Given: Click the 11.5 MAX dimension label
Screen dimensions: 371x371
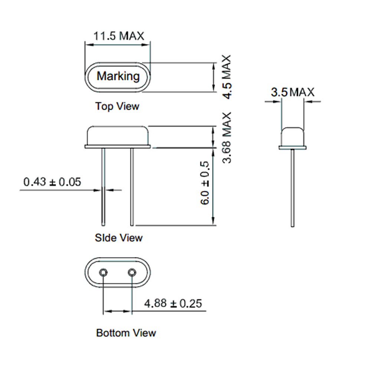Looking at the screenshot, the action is [119, 36].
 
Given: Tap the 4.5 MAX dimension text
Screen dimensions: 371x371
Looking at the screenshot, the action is [227, 77].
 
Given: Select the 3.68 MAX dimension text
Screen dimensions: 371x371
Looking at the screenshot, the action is [227, 138].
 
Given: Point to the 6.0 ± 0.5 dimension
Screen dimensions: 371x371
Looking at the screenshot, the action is [205, 183].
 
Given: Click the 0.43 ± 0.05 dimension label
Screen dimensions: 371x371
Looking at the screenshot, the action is [52, 182].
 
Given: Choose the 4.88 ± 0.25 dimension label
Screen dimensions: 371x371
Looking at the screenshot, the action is [173, 303].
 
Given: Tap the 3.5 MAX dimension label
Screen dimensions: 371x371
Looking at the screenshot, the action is [293, 92].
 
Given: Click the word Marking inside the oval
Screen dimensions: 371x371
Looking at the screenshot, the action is [118, 76].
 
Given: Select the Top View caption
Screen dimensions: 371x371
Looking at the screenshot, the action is [117, 106].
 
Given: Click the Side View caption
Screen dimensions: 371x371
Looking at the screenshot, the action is [119, 237].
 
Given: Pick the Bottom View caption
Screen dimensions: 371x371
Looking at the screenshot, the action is [126, 333].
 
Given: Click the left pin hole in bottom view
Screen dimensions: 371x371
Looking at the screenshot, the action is [103, 273].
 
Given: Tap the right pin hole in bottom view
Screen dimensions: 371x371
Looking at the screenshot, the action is [132, 273].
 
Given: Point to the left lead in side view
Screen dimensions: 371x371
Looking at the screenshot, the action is [103, 187].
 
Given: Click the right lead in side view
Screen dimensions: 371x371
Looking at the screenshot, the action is [132, 187].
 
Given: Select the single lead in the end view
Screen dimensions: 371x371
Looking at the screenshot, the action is [293, 188].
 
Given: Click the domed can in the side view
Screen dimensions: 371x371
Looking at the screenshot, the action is [118, 135].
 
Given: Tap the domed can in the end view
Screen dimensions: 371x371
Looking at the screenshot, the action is [293, 137].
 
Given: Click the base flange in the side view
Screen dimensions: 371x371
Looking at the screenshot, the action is [118, 147].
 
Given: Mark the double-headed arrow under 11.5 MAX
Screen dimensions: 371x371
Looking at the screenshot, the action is [118, 45].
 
